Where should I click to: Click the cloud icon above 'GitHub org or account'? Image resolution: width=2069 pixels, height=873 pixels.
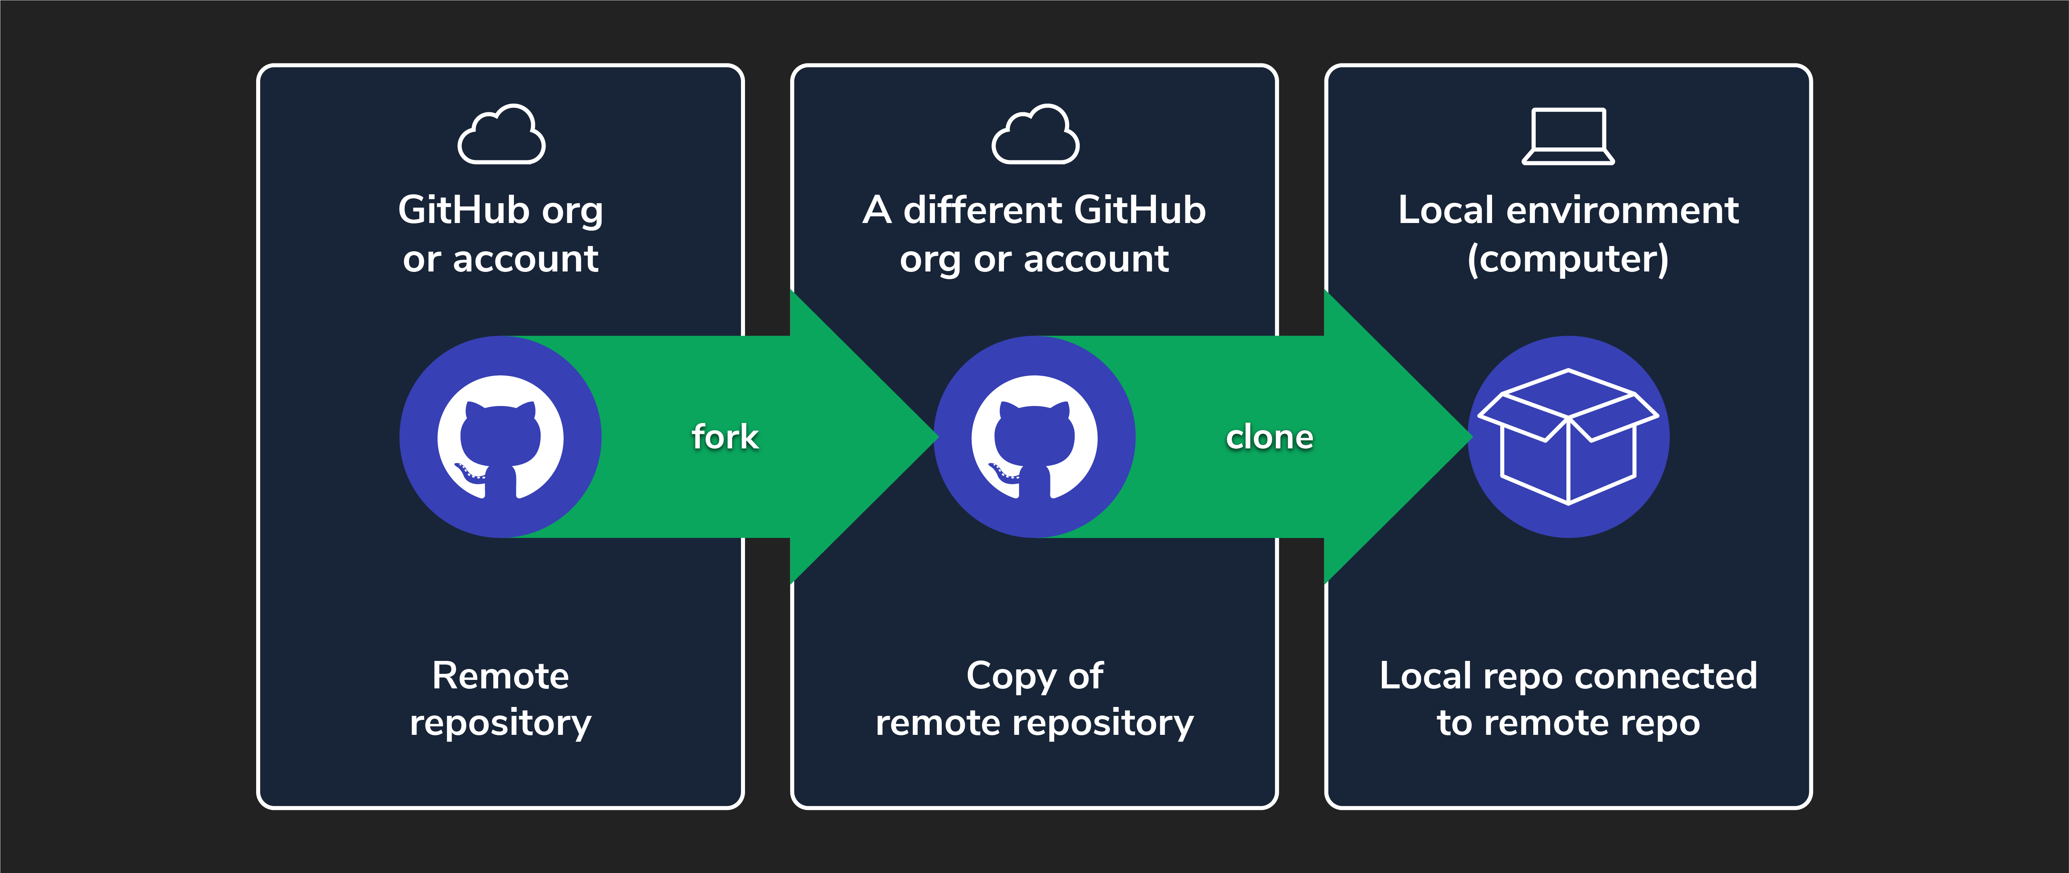pos(501,135)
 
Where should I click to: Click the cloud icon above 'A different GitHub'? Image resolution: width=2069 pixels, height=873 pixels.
pos(1035,135)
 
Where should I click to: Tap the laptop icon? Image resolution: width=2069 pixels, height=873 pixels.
pos(1568,137)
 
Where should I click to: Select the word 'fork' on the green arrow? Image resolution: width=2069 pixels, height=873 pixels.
pos(724,437)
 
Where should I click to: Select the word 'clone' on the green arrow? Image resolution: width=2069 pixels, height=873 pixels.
pos(1269,437)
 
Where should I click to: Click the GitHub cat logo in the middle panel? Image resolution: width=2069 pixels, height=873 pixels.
pos(1034,437)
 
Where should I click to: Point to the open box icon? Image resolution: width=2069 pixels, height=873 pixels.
pos(1568,437)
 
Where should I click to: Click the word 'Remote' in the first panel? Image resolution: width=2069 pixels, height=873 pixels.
pos(501,675)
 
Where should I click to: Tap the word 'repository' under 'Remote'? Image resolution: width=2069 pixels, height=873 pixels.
pos(501,723)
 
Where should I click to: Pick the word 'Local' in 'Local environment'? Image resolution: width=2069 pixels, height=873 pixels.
pos(1446,210)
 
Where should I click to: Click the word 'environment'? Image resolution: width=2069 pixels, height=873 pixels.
pos(1623,210)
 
